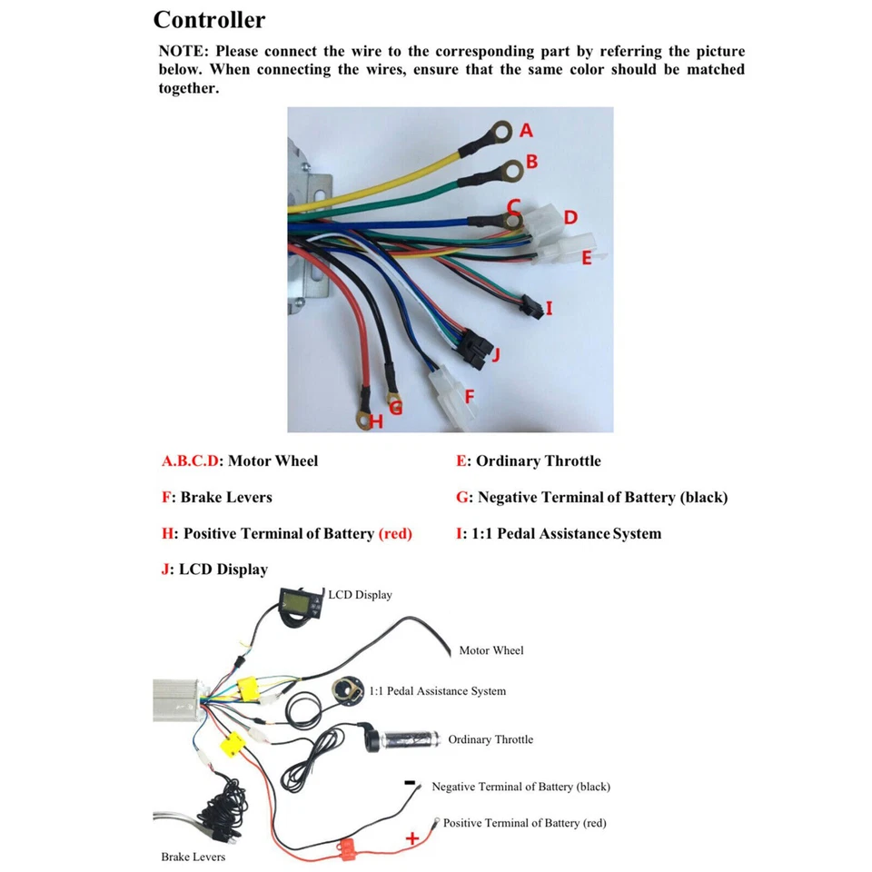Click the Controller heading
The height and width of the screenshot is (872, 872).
[209, 20]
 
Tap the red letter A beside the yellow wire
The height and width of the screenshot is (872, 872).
[526, 131]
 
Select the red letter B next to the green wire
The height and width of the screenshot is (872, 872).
[531, 162]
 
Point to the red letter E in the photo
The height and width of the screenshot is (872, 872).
[586, 259]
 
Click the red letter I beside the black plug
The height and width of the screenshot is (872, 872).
[549, 309]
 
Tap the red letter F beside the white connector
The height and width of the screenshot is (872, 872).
[470, 396]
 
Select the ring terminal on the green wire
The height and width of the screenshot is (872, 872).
[512, 168]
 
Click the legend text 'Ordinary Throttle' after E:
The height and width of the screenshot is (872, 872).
[538, 461]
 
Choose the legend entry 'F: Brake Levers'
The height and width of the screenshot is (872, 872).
[216, 497]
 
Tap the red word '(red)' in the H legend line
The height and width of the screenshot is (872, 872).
[394, 533]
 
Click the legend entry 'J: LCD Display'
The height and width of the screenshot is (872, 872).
[214, 570]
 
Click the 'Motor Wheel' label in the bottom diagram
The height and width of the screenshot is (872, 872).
[490, 650]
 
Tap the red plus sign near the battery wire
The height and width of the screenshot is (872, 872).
[411, 837]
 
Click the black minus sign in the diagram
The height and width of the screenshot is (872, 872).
[410, 782]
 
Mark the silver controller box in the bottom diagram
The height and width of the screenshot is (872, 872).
[178, 699]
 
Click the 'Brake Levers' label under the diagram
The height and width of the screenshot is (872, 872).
[193, 857]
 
